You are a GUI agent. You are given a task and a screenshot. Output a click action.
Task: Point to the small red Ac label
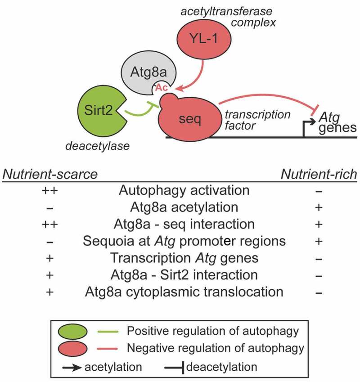click(x=161, y=87)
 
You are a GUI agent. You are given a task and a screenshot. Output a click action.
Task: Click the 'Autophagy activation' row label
click(x=184, y=190)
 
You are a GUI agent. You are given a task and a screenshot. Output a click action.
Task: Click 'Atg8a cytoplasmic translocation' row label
click(x=184, y=292)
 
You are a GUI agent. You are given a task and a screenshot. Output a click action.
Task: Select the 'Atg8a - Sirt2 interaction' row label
click(x=184, y=274)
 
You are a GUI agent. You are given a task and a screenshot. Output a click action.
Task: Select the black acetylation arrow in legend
click(x=72, y=367)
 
